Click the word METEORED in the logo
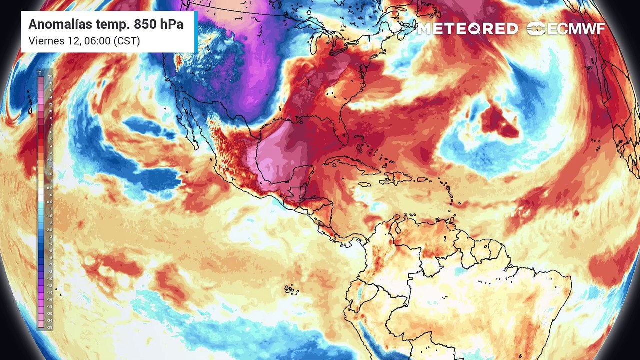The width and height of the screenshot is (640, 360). [x=468, y=29]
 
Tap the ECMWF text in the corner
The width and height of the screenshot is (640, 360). [x=575, y=29]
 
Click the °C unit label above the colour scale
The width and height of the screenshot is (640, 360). [x=40, y=72]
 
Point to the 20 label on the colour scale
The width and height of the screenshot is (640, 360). [x=50, y=76]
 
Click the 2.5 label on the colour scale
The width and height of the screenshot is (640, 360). [x=50, y=160]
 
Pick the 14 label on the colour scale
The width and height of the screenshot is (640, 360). [x=50, y=97]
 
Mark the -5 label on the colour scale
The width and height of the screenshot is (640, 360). [x=49, y=251]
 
